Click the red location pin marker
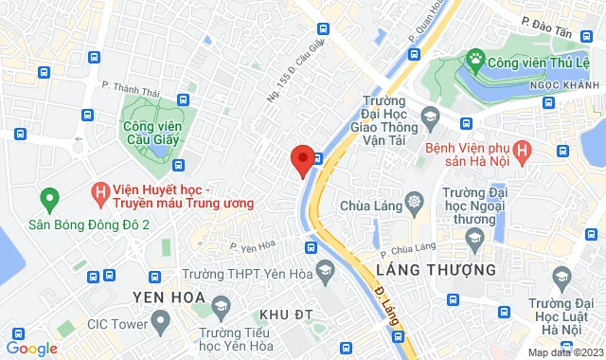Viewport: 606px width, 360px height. coord(302,160)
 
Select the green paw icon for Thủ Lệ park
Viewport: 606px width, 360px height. coord(472,63)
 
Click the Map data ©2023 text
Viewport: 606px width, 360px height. coord(564,352)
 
